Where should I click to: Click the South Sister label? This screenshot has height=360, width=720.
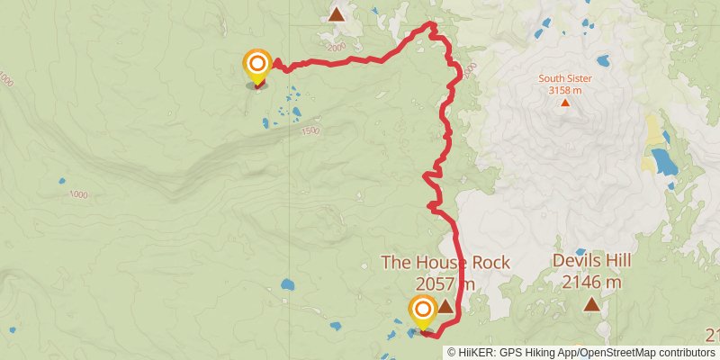tap(565, 78)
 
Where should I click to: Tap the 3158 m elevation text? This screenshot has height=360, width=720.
tap(565, 89)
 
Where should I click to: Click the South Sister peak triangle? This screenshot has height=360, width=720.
tap(565, 102)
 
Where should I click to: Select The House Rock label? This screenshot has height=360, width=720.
tap(445, 263)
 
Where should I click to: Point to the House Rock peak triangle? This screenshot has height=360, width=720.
tap(445, 306)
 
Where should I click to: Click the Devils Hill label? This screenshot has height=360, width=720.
tap(590, 261)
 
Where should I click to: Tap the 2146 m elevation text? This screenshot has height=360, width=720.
tap(590, 283)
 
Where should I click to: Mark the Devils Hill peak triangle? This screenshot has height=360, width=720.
tap(591, 304)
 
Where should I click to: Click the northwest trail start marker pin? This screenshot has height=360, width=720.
tap(257, 66)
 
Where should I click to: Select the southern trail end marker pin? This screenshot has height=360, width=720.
tap(423, 312)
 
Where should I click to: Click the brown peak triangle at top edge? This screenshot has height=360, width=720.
tap(337, 13)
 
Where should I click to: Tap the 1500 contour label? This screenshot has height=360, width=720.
tap(310, 131)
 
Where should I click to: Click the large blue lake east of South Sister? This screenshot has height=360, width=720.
tap(665, 161)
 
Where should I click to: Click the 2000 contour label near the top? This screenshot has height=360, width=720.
tap(337, 48)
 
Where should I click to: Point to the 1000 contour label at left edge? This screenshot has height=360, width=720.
tap(8, 81)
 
